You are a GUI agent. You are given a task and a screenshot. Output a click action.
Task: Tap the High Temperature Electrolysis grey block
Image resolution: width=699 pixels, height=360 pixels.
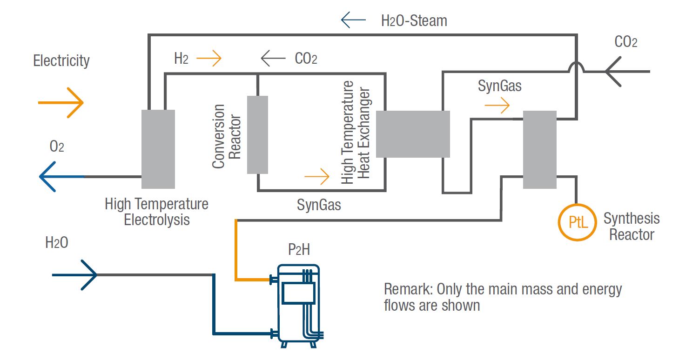tap(158, 149)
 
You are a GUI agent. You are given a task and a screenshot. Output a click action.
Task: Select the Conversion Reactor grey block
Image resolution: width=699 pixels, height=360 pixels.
tap(257, 134)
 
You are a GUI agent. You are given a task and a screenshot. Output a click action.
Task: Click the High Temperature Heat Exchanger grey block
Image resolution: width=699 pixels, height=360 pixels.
tap(413, 134)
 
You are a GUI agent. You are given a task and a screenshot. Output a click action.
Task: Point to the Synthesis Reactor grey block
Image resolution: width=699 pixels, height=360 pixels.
tap(540, 149)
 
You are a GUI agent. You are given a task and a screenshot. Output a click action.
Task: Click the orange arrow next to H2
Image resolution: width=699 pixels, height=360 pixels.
tap(209, 59)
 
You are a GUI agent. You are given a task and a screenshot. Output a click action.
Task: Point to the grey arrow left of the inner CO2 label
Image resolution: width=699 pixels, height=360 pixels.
tap(273, 59)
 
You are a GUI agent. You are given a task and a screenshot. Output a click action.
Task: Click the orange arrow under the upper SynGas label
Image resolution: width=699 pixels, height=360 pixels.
tap(497, 106)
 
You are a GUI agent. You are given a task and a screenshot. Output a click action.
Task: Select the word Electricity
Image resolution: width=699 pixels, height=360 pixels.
tap(61, 60)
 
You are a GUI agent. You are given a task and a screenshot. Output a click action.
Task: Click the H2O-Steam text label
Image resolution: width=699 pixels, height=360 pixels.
tap(414, 21)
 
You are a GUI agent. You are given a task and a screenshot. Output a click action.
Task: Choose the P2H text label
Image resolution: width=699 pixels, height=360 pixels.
tap(299, 250)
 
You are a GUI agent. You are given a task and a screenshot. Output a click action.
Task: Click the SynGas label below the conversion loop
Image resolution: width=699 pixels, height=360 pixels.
tap(319, 205)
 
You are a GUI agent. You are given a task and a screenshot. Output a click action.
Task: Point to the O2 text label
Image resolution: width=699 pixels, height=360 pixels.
tap(57, 147)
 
